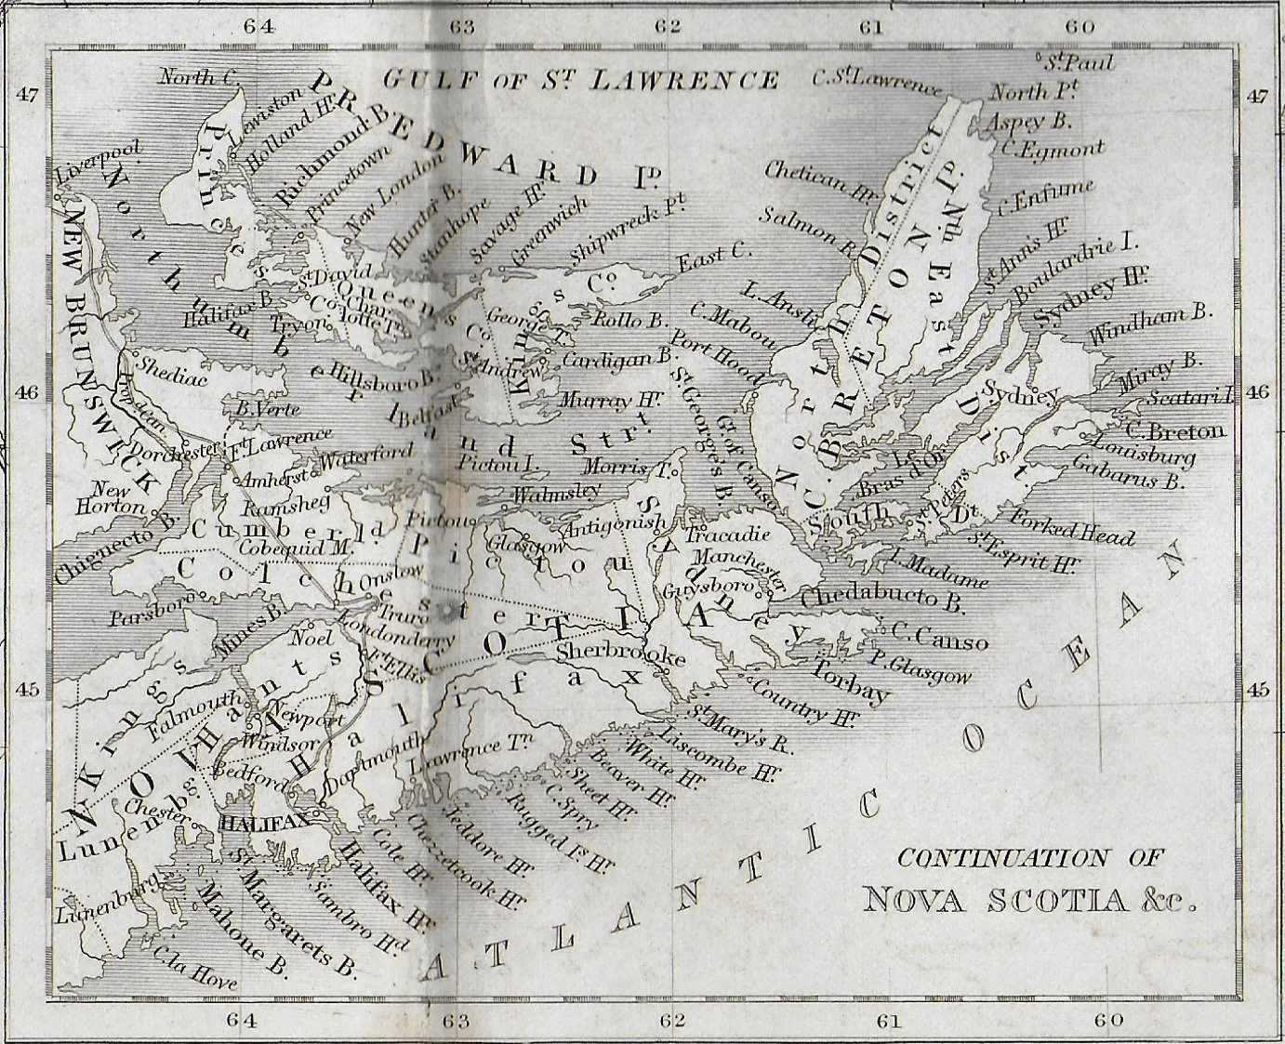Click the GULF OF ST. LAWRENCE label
pos(581,80)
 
